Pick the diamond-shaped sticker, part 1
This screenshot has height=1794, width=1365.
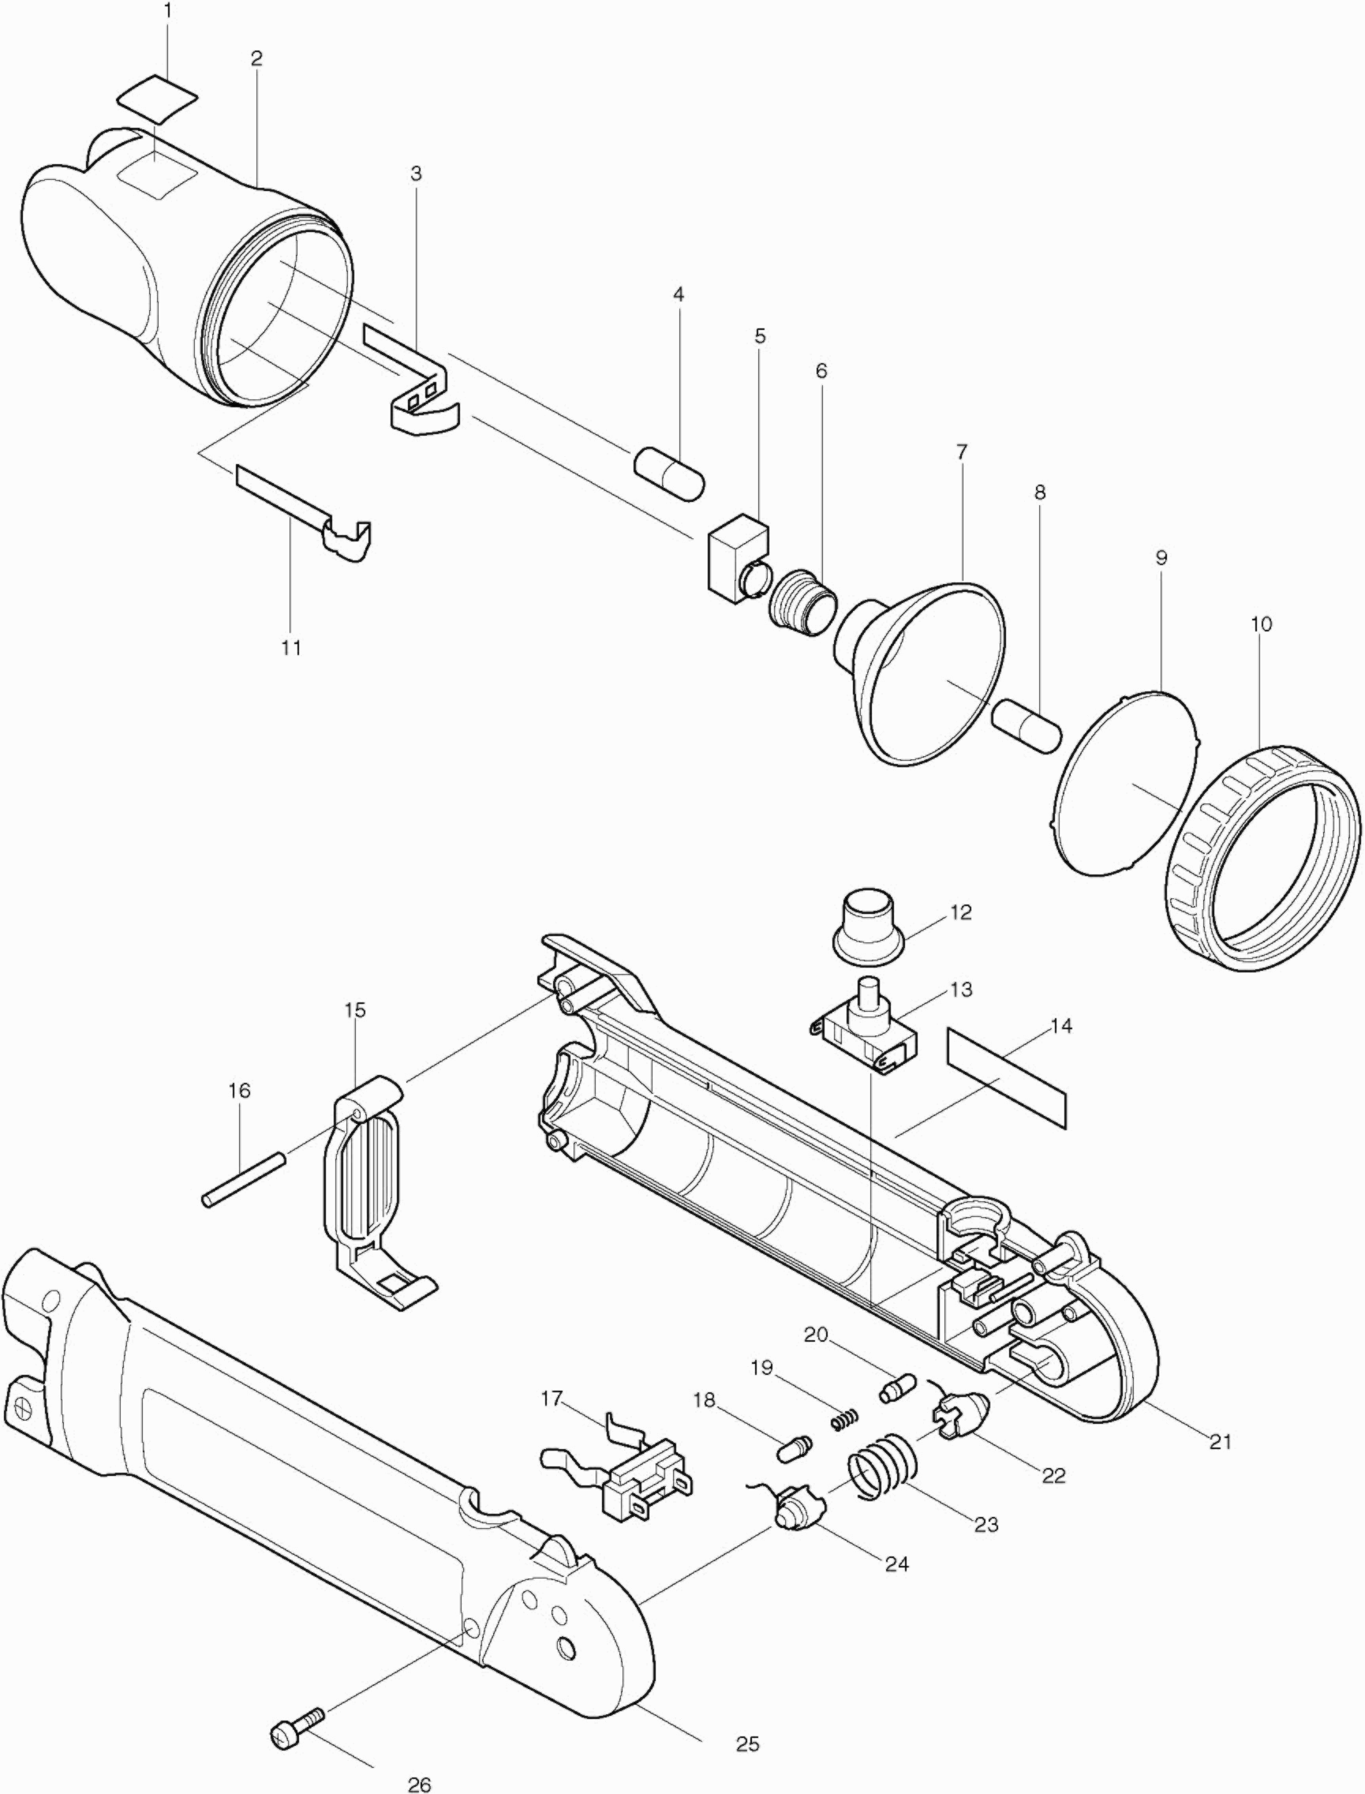pos(158,100)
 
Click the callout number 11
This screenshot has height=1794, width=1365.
pos(291,648)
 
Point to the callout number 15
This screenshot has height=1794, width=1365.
pos(355,1010)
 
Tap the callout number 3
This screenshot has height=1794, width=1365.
pos(416,173)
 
